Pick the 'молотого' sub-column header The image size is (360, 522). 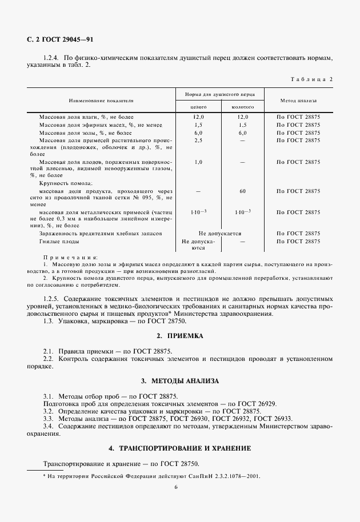242,107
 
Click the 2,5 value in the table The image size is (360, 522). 198,140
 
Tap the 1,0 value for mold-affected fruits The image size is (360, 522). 198,162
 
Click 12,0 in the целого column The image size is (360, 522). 198,117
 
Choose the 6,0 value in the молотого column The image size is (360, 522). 242,132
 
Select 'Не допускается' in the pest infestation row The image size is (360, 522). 220,234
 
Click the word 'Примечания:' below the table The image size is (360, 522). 70,258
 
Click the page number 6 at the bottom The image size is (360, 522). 176,487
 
